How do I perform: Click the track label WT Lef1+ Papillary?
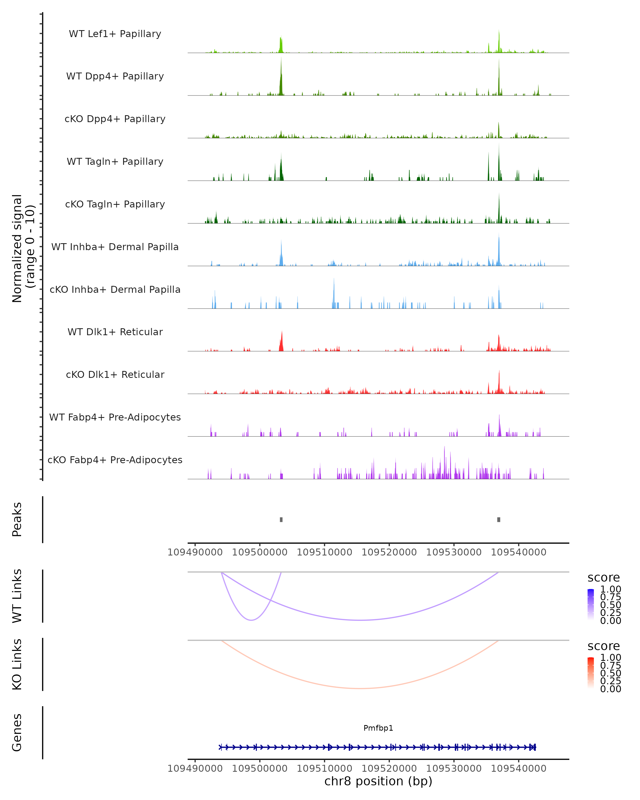click(x=115, y=34)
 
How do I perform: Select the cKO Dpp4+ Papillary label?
click(x=115, y=119)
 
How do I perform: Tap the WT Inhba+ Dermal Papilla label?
click(x=115, y=247)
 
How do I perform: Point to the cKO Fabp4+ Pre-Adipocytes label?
click(x=115, y=460)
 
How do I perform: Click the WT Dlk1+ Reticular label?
click(x=115, y=332)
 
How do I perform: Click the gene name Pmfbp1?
click(x=378, y=728)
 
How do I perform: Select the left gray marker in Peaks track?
click(x=281, y=519)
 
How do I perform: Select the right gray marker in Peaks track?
click(x=499, y=519)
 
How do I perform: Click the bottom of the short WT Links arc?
click(x=251, y=620)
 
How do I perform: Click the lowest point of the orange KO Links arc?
click(x=359, y=688)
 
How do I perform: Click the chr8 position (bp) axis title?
click(x=378, y=781)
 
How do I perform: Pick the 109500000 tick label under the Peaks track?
click(x=260, y=552)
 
